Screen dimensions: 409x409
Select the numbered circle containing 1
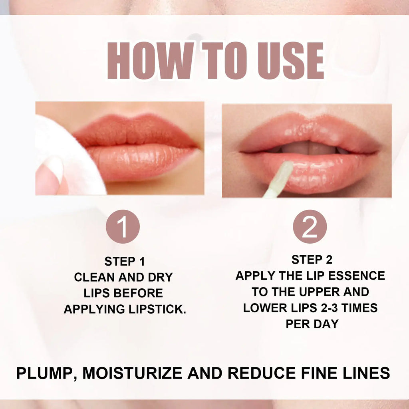point(123,226)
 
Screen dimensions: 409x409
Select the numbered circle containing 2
point(310,226)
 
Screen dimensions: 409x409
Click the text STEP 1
point(125,262)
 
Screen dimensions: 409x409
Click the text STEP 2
point(312,260)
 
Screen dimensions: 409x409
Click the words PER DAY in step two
point(312,324)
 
